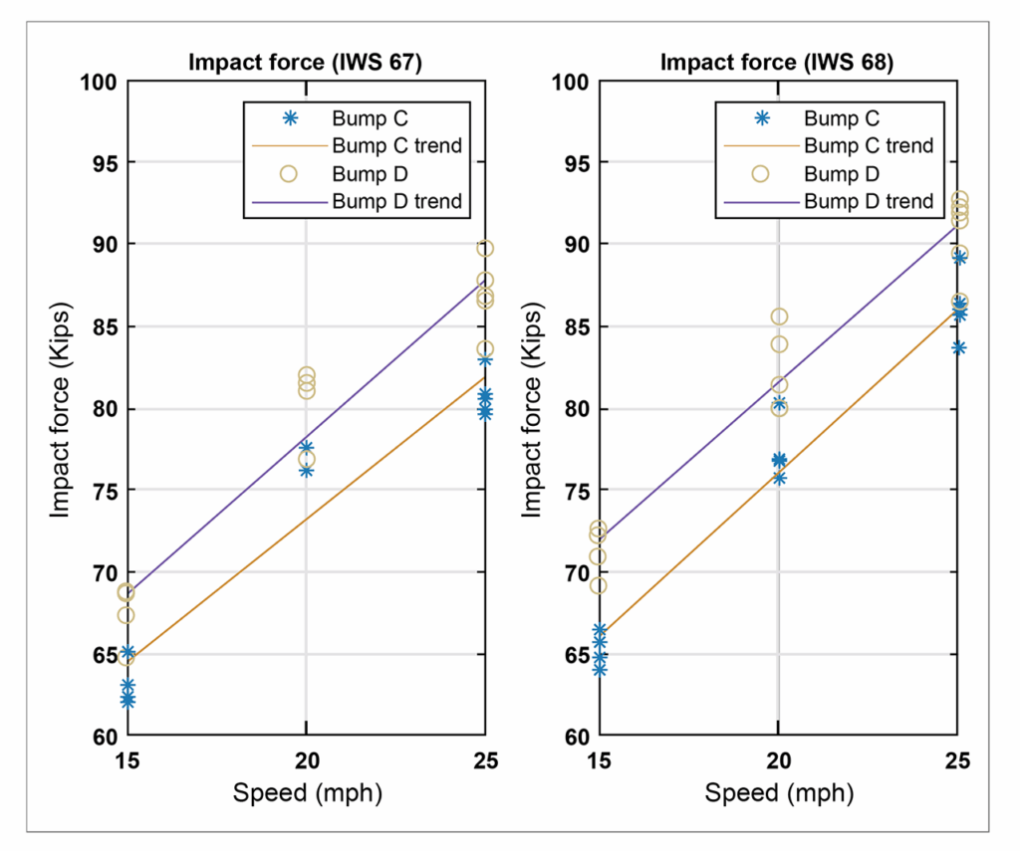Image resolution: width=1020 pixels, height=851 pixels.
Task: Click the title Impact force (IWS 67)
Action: pyautogui.click(x=305, y=63)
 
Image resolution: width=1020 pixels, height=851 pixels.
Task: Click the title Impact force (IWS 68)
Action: pyautogui.click(x=777, y=63)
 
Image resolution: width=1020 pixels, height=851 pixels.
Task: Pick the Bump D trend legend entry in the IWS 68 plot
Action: pyautogui.click(x=869, y=201)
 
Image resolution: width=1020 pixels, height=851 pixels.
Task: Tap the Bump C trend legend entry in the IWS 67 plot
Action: pyautogui.click(x=396, y=145)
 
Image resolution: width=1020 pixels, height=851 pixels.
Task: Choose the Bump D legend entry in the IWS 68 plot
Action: pyautogui.click(x=841, y=173)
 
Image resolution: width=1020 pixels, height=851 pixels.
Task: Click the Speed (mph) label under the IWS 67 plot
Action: pyautogui.click(x=306, y=793)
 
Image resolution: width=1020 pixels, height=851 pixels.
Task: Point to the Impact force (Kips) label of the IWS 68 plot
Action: pyautogui.click(x=532, y=408)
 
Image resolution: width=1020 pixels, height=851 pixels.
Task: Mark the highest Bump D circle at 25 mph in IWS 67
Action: pyautogui.click(x=484, y=249)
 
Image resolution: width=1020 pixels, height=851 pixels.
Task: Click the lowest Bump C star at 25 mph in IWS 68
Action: pyautogui.click(x=957, y=347)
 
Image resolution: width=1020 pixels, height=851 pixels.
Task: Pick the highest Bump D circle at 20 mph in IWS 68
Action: pyautogui.click(x=779, y=317)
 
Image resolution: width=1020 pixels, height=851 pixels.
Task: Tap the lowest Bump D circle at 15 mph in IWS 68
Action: pyautogui.click(x=598, y=585)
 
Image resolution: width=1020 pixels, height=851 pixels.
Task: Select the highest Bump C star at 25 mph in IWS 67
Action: pyautogui.click(x=484, y=359)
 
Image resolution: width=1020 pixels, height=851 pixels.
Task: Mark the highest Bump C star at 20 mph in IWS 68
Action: pyautogui.click(x=779, y=403)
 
